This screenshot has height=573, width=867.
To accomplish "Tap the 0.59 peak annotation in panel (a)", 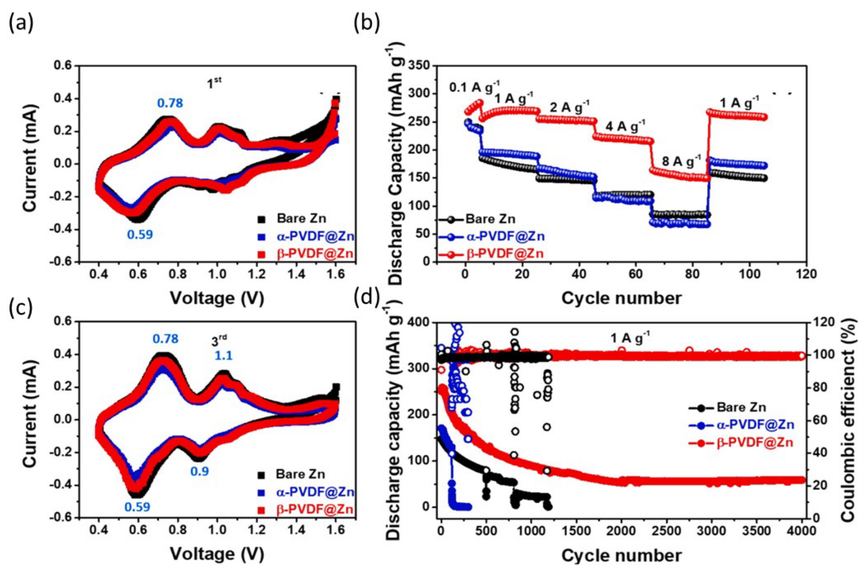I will coord(140,234).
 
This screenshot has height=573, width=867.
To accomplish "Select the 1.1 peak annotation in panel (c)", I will coord(223,355).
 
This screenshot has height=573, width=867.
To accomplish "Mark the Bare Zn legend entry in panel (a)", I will coord(301,219).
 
